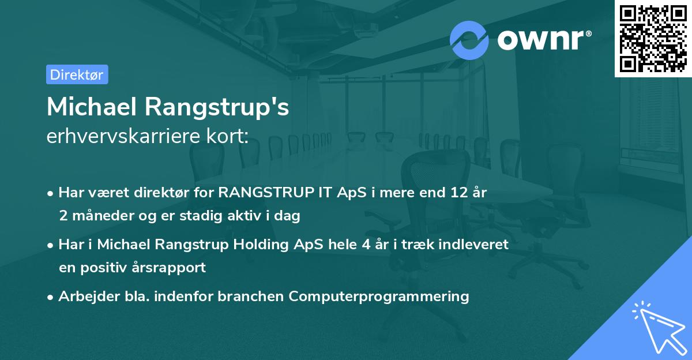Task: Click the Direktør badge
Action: click(77, 74)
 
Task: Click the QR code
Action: click(653, 38)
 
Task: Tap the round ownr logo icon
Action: click(469, 40)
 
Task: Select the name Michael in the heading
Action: click(91, 107)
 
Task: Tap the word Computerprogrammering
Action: click(379, 297)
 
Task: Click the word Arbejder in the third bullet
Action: click(84, 297)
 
